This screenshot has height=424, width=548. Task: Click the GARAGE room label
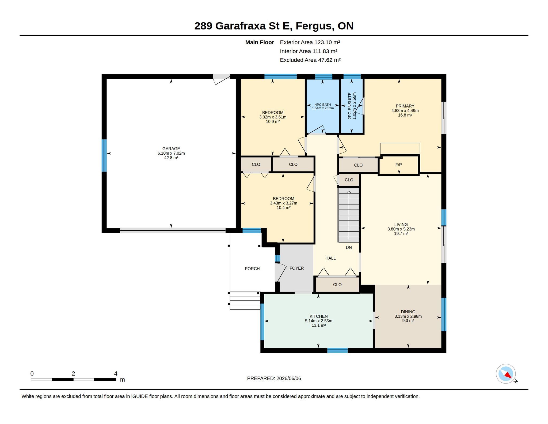[171, 148]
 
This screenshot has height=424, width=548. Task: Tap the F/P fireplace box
[398, 165]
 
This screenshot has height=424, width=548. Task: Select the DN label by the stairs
[349, 247]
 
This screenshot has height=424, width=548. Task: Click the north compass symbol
[506, 374]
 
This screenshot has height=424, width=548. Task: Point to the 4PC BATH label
[323, 105]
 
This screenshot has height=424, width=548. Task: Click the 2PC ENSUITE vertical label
[350, 106]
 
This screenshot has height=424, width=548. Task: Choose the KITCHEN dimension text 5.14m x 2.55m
[318, 321]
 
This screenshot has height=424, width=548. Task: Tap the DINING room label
[408, 312]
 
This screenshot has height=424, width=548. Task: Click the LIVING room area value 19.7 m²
[401, 234]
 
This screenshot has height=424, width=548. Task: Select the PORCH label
[252, 269]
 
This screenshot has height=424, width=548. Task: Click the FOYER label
[296, 268]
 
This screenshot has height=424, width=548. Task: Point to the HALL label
[330, 258]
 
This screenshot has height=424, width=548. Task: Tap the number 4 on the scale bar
[116, 373]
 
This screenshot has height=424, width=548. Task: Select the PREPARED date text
[274, 378]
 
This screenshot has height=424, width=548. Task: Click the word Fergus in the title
[315, 26]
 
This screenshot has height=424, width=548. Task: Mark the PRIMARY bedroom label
[405, 106]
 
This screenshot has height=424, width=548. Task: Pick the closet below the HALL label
[337, 284]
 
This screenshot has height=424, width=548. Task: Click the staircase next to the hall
[349, 215]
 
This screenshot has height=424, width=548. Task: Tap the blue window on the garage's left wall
[104, 155]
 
